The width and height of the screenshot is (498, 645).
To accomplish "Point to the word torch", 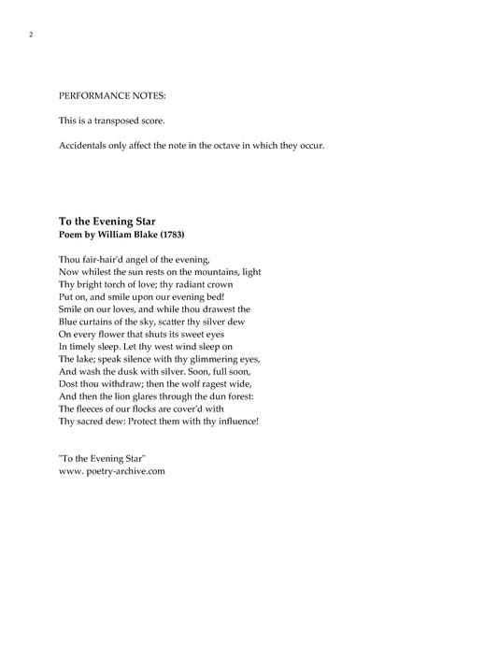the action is point(126,283).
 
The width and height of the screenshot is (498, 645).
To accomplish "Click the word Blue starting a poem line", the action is point(68,321).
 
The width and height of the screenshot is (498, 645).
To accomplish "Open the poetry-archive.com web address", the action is point(112,472).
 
